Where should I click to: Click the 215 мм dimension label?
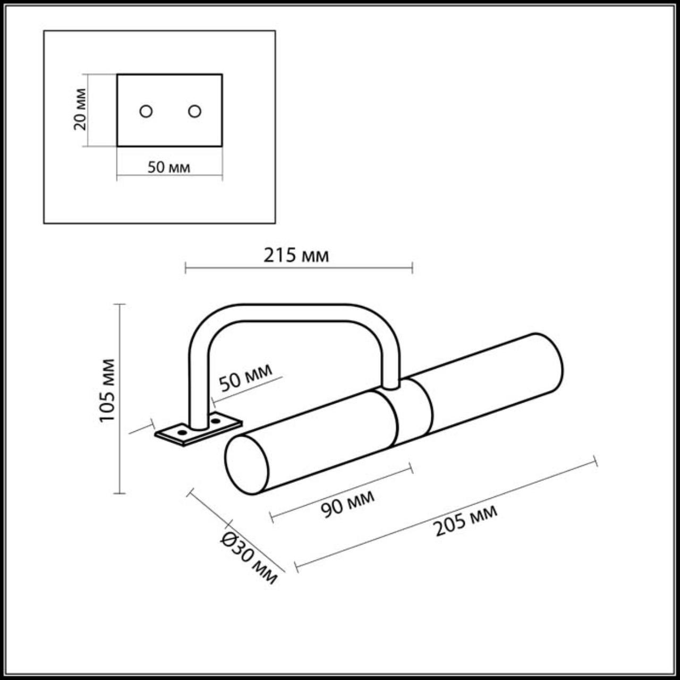pyautogui.click(x=296, y=256)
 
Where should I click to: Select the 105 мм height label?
pyautogui.click(x=108, y=390)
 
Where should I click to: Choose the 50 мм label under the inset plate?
pyautogui.click(x=168, y=167)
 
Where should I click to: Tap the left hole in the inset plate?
pyautogui.click(x=146, y=112)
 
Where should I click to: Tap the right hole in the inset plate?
pyautogui.click(x=194, y=112)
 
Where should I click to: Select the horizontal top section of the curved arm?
pyautogui.click(x=295, y=313)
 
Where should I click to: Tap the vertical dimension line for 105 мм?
pyautogui.click(x=121, y=398)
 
